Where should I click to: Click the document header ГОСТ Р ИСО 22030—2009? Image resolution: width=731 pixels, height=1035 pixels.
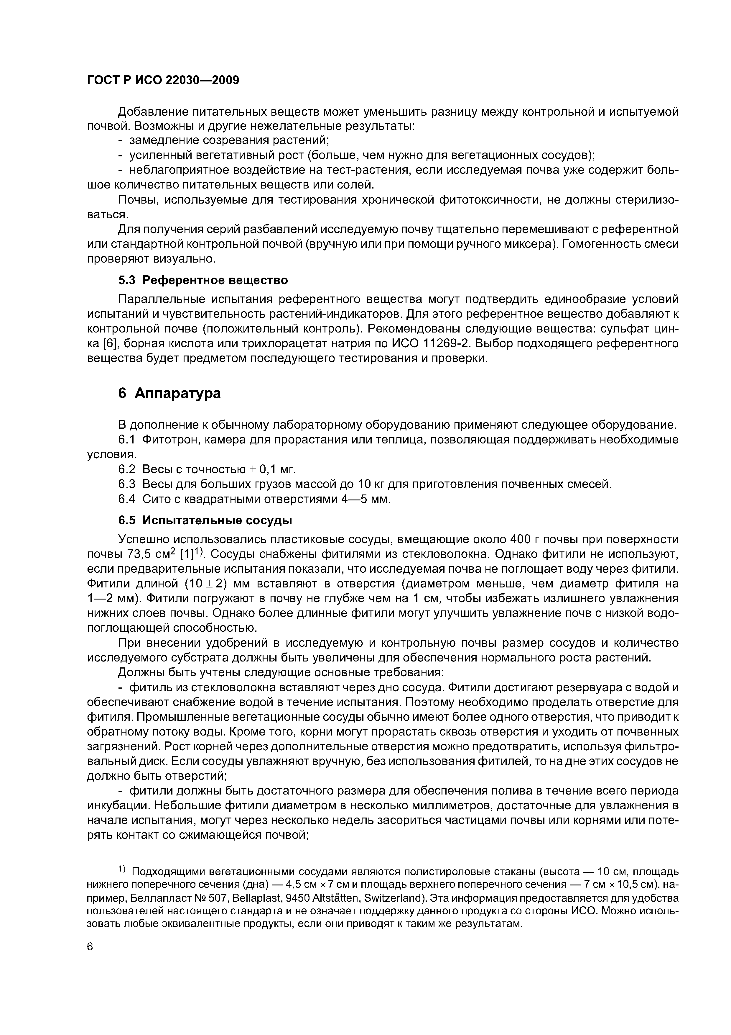[163, 80]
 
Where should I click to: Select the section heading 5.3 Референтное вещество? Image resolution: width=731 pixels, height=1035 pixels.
[203, 280]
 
